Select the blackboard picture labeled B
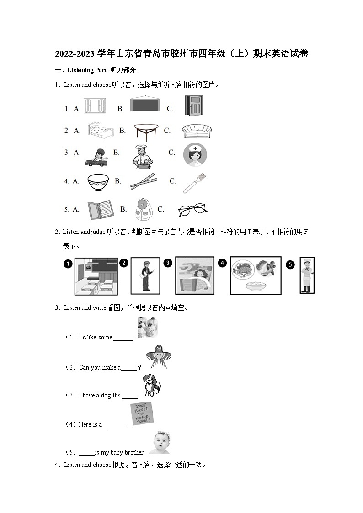145,105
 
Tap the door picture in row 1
193,106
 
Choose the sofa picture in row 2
197,131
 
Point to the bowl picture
97,181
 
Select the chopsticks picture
144,181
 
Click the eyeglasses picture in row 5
192,210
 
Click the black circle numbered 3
168,263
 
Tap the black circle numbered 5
290,264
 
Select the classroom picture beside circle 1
96,276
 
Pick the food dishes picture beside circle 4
255,275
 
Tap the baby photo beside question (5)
160,442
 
